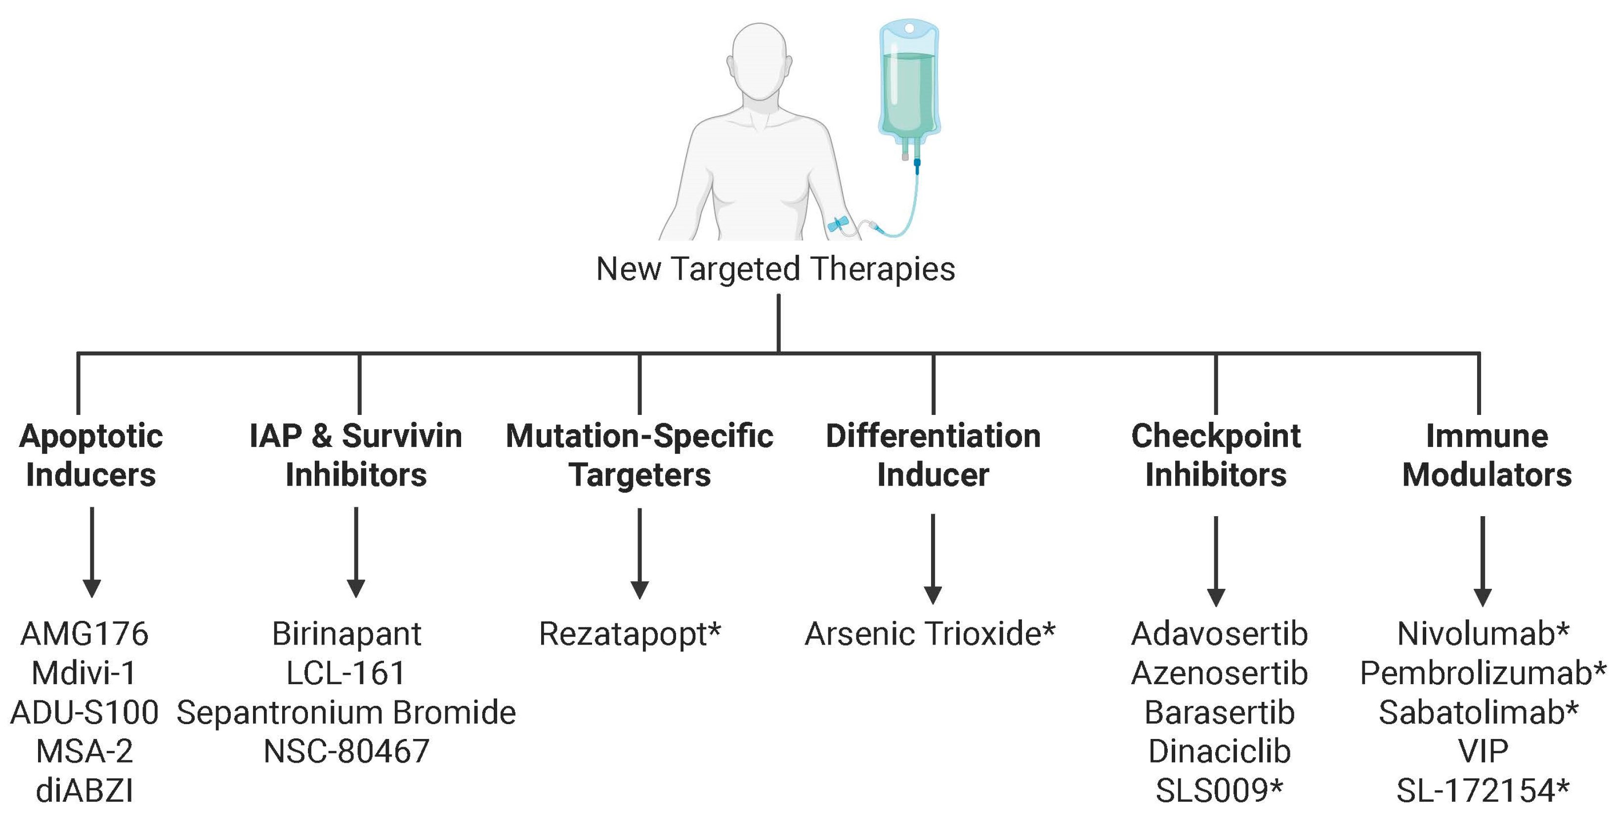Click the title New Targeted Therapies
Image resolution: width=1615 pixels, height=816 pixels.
click(775, 269)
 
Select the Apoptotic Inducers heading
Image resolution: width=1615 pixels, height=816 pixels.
click(91, 455)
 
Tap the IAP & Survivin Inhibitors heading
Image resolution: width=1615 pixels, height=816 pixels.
click(356, 455)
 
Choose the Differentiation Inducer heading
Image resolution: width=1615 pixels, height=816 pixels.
click(933, 455)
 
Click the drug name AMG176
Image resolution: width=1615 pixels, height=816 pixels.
click(85, 634)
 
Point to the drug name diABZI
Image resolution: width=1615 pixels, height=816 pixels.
click(85, 790)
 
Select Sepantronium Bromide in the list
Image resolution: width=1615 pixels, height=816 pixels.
click(346, 713)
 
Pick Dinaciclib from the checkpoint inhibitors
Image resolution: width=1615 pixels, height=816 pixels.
click(1219, 751)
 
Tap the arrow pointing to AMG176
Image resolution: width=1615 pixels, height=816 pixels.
click(92, 552)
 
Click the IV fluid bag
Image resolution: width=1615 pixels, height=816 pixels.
click(909, 82)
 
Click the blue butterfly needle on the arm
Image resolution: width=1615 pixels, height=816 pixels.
click(838, 223)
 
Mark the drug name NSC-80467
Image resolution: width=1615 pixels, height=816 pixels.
click(346, 751)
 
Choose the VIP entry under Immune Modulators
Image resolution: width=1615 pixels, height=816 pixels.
click(1483, 751)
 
